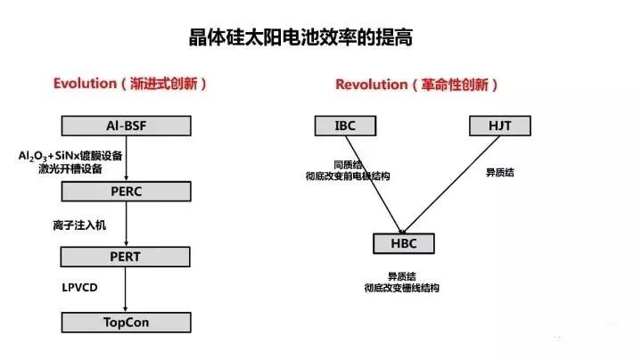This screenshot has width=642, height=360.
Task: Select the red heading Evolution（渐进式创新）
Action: click(130, 84)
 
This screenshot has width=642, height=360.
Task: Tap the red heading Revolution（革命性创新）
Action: click(416, 85)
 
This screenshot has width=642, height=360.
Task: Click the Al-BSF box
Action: click(126, 127)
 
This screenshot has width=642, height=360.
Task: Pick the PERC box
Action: click(126, 191)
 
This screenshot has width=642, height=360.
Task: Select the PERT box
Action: click(126, 257)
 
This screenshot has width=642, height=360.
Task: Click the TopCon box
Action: click(126, 321)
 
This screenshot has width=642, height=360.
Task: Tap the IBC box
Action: click(345, 127)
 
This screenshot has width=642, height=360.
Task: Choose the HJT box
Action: click(499, 127)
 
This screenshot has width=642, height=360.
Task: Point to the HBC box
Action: click(406, 243)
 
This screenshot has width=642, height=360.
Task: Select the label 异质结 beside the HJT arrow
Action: click(499, 171)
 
